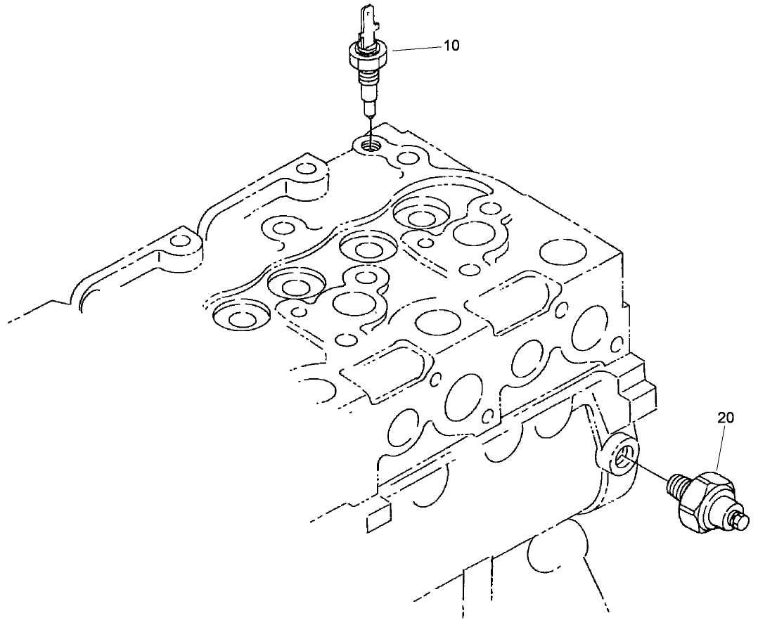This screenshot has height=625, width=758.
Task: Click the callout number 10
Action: (x=451, y=46)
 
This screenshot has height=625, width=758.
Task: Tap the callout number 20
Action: (x=726, y=418)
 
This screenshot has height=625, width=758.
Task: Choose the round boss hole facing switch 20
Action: (x=621, y=458)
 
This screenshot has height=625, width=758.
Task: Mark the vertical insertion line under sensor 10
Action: (x=368, y=127)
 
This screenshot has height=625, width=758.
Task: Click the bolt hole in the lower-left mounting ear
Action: (x=181, y=242)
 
